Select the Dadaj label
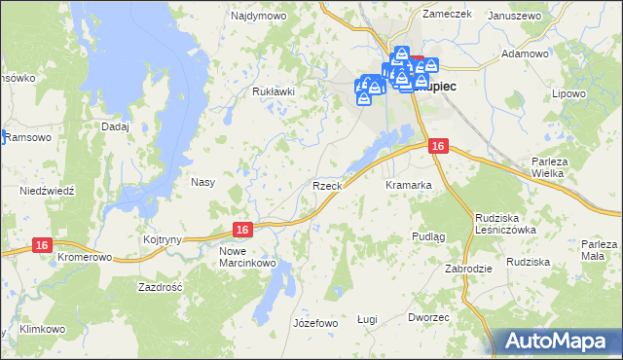tap(115, 126)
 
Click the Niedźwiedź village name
tap(46, 191)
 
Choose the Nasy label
tap(202, 182)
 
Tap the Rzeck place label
tap(325, 185)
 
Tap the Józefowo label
tap(314, 322)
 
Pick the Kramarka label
tap(408, 185)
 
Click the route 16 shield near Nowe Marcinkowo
tap(243, 229)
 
